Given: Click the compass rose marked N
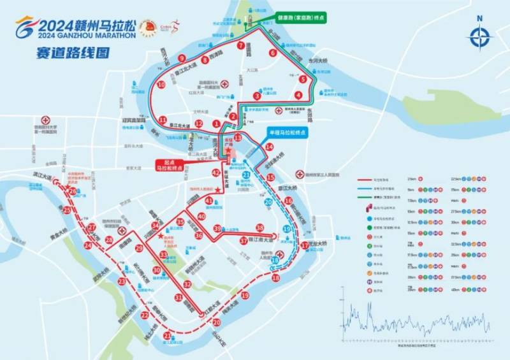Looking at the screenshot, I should click(479, 37).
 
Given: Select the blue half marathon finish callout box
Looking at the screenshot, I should click(286, 133).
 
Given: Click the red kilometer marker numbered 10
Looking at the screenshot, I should click(161, 84).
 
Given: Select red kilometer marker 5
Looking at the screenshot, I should click(303, 79).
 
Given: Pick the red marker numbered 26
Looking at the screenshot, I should click(73, 191).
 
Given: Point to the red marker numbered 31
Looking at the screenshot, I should click(178, 298).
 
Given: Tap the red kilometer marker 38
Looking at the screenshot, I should click(259, 227).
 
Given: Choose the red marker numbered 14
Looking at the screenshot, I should click(270, 147).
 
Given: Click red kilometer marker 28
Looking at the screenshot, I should click(109, 240).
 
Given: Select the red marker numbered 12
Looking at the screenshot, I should click(199, 124).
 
